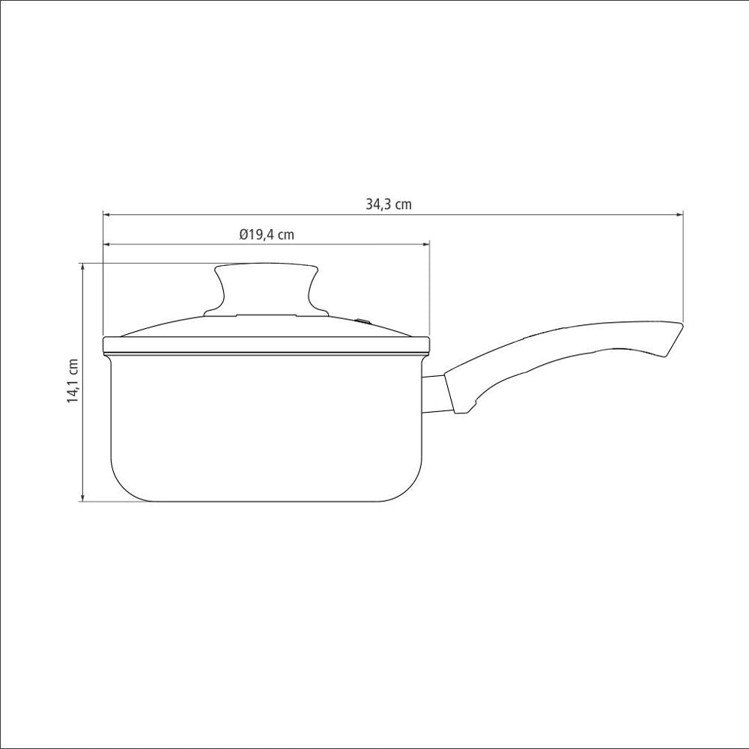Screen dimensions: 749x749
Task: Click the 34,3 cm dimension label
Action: (x=388, y=204)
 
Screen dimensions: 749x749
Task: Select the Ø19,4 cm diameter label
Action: (x=267, y=234)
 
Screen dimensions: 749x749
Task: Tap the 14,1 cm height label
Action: (x=73, y=380)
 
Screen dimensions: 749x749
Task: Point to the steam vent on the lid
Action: (x=364, y=321)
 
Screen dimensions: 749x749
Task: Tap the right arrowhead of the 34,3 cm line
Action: (x=679, y=215)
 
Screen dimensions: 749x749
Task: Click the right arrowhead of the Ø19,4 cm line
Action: (x=425, y=245)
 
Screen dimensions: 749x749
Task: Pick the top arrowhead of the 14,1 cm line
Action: (x=83, y=267)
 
